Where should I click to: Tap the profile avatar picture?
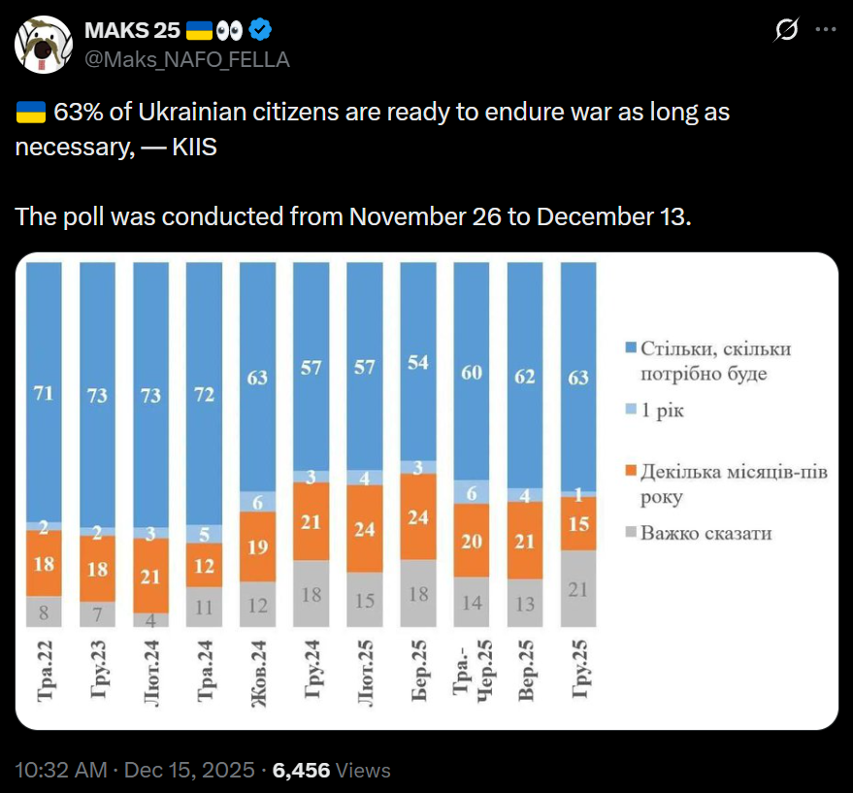(43, 45)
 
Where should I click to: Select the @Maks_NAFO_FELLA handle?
(188, 59)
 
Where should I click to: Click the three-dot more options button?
(825, 30)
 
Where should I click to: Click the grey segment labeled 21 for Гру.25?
(578, 588)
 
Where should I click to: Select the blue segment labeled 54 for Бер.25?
(417, 361)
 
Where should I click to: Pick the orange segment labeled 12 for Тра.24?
(204, 564)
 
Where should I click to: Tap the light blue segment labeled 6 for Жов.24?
(257, 501)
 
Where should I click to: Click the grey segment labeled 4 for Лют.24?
(150, 619)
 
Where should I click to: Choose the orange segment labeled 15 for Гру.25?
(578, 523)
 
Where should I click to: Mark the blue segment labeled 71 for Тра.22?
(44, 392)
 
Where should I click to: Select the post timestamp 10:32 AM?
(60, 771)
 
